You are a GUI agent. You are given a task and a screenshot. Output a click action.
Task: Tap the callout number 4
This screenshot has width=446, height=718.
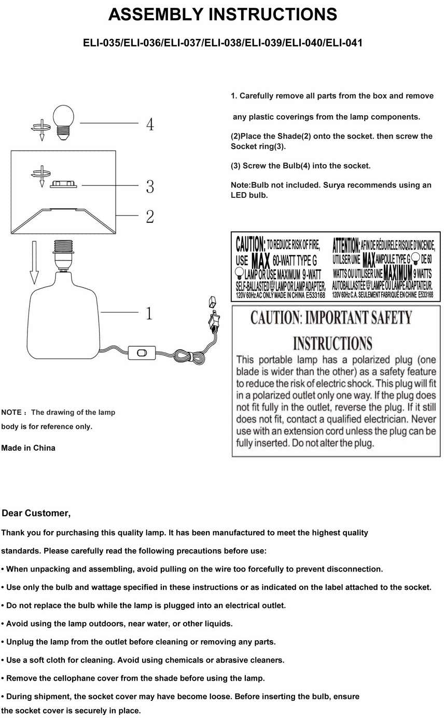149,125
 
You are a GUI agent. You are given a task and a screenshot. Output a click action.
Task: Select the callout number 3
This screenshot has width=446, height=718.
150,186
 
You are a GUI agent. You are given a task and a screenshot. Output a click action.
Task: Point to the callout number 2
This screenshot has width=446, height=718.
150,216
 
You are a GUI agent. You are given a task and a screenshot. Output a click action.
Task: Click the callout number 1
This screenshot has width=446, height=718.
149,314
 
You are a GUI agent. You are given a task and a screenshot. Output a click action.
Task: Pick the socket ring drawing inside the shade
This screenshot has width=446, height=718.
63,184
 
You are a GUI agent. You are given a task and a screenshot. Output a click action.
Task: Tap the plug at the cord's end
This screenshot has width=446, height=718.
212,318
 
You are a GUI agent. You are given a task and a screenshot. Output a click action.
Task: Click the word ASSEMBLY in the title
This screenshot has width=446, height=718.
156,15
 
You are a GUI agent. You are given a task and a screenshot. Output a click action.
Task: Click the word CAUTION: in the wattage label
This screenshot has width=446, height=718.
250,243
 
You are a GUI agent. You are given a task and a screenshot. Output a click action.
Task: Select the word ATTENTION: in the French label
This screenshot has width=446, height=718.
346,244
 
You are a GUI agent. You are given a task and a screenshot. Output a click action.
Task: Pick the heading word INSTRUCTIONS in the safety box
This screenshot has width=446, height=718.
332,344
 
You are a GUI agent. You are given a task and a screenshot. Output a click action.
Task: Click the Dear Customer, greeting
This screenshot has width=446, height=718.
36,513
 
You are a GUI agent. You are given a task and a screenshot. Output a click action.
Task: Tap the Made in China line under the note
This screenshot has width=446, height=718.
29,448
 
